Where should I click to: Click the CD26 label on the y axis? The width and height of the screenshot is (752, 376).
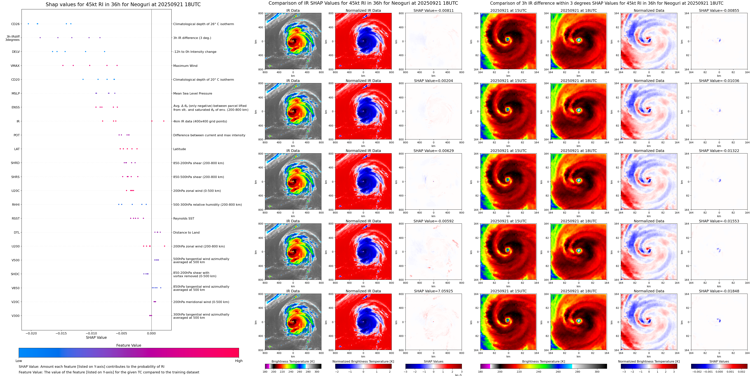point(15,24)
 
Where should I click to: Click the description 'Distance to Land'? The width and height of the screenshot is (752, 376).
point(186,232)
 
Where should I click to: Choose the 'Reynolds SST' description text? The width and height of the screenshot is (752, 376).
point(184,218)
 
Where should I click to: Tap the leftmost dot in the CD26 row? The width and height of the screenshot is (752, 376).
point(28,24)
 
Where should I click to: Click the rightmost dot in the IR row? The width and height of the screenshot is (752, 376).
point(164,121)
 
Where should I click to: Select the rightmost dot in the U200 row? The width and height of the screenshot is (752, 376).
point(165,246)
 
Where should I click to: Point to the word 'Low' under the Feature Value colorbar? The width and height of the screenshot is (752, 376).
point(19,361)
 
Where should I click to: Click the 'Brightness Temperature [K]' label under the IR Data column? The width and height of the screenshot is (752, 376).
point(293,361)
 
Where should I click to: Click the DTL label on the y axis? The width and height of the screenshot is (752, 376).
point(17,232)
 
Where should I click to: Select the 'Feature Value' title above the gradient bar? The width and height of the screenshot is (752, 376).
point(128,345)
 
